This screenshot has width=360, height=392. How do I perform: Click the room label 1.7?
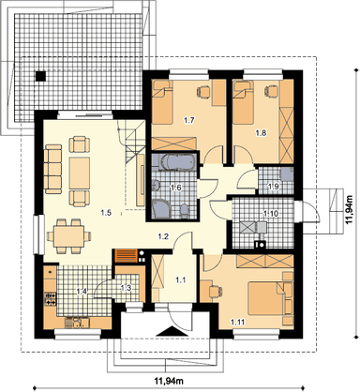point(189,120)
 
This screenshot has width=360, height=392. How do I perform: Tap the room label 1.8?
point(262,133)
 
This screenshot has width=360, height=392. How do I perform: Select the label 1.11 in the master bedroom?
point(238,322)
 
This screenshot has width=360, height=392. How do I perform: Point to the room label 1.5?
point(106,213)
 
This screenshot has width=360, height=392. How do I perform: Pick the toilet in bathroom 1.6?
point(185,210)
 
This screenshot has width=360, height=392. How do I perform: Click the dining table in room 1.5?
point(68,235)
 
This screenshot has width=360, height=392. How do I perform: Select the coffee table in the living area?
point(80,173)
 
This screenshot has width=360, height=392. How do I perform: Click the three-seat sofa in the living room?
point(53,169)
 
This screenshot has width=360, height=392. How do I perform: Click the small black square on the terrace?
point(40,76)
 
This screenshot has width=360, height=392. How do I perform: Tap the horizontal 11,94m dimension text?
point(169,381)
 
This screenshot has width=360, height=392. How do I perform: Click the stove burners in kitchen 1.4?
point(51,298)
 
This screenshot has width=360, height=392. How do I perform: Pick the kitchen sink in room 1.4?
point(77,323)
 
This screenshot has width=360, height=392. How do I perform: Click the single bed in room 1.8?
point(244,101)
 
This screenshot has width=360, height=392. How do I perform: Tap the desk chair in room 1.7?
point(203,91)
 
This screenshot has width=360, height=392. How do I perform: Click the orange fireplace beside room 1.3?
point(127,255)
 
